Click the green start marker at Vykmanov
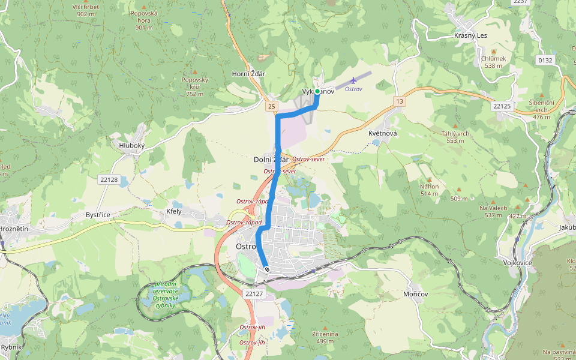coord(317,92)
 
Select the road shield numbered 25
coord(272,106)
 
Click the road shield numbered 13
coord(400,101)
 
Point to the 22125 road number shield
coord(502,106)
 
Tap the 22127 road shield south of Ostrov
coord(254,293)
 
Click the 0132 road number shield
coord(545,60)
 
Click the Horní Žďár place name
coord(248,74)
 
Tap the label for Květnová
coord(383,133)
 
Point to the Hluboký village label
coord(132,145)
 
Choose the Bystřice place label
coord(98,214)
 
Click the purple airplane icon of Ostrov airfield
coord(353,80)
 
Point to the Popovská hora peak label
coord(143,20)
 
